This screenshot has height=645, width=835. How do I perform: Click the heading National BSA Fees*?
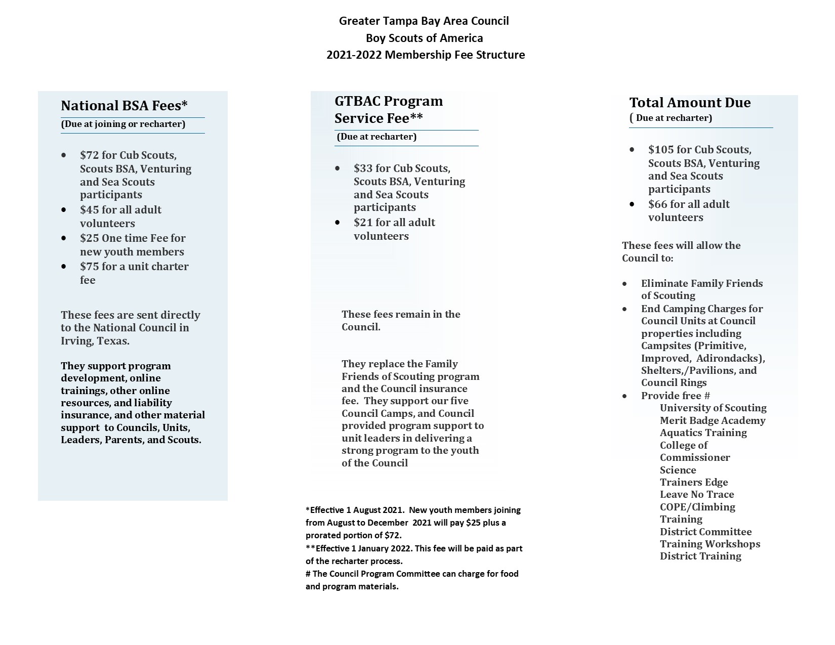pyautogui.click(x=124, y=106)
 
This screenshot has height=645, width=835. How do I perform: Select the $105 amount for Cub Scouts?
pyautogui.click(x=660, y=150)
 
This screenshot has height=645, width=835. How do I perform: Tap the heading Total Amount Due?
pyautogui.click(x=690, y=103)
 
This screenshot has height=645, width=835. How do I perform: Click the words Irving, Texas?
pyautogui.click(x=95, y=341)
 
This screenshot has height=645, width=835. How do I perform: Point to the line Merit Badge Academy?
pyautogui.click(x=712, y=420)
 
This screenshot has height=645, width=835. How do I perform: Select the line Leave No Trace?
pyautogui.click(x=696, y=494)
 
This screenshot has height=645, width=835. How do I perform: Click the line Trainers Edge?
pyautogui.click(x=693, y=482)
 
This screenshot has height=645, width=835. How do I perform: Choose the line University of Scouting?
pyautogui.click(x=713, y=408)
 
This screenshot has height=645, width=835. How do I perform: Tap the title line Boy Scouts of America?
pyautogui.click(x=424, y=38)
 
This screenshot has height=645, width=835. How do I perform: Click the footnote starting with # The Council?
pyautogui.click(x=412, y=574)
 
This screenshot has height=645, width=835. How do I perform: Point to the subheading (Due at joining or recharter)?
pyautogui.click(x=123, y=124)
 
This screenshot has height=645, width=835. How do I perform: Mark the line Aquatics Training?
pyautogui.click(x=703, y=433)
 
